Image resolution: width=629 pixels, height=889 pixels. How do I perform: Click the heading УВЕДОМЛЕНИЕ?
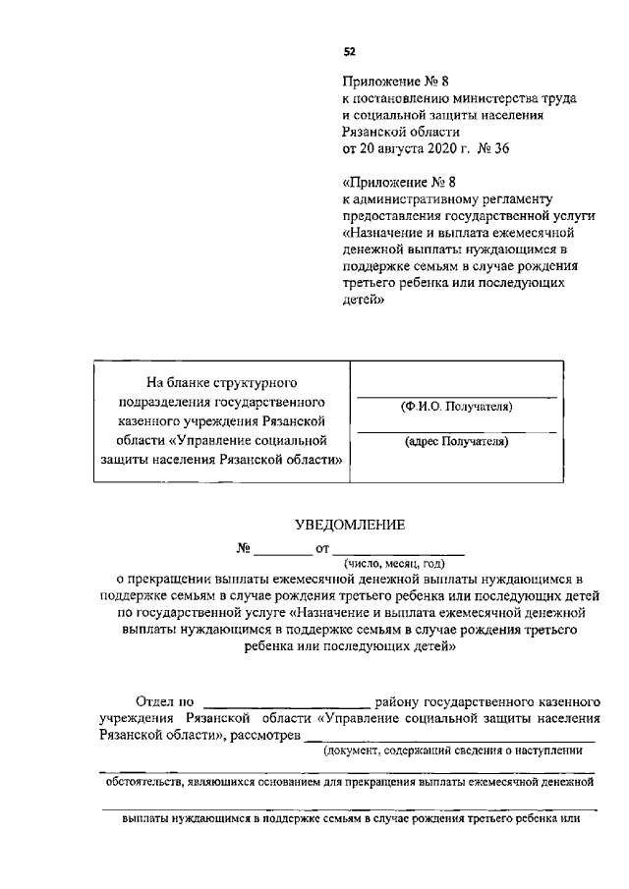pyautogui.click(x=349, y=526)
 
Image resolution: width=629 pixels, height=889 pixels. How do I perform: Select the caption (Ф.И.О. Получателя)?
pyautogui.click(x=456, y=407)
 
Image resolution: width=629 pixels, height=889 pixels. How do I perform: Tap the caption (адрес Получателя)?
pyautogui.click(x=456, y=442)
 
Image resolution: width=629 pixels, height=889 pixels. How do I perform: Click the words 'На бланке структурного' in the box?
pyautogui.click(x=221, y=380)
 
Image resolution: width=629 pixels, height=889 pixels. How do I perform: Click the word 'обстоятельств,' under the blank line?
pyautogui.click(x=146, y=782)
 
